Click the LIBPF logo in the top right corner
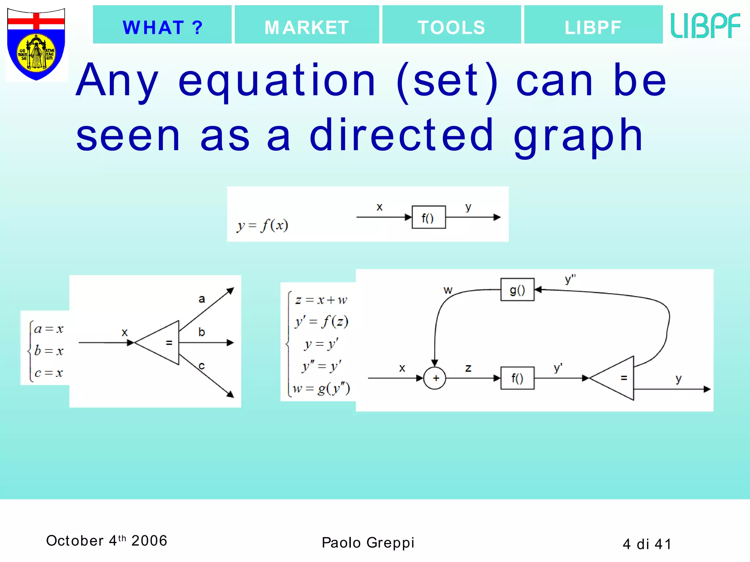click(x=705, y=26)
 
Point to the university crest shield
click(x=36, y=44)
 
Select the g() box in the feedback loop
click(x=517, y=290)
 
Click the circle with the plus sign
click(x=435, y=378)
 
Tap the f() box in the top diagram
click(x=428, y=217)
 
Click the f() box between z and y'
click(x=517, y=378)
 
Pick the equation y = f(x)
click(x=263, y=225)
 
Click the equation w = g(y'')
click(x=321, y=389)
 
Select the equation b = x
click(x=49, y=351)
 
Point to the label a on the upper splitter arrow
click(x=202, y=299)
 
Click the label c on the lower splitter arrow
click(x=201, y=366)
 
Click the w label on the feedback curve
click(x=448, y=290)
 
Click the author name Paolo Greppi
click(x=368, y=542)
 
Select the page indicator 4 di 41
click(x=647, y=544)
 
